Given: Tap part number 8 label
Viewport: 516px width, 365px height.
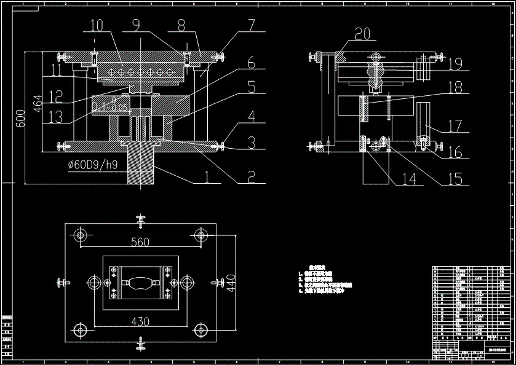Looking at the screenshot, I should pos(181,25).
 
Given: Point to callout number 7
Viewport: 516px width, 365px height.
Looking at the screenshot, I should pos(251,25).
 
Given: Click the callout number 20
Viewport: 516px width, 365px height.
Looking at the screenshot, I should pos(363,33).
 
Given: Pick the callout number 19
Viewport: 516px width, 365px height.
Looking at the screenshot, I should pos(454,63).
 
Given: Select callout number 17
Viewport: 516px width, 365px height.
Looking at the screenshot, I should pos(454,126).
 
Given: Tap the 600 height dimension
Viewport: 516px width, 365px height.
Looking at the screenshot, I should pos(20,119).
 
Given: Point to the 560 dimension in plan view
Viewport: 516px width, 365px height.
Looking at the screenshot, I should pos(140,242).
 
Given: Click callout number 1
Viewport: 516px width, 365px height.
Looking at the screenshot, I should pos(207,179).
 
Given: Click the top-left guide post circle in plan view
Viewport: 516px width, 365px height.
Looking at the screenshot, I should pos(80,234).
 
